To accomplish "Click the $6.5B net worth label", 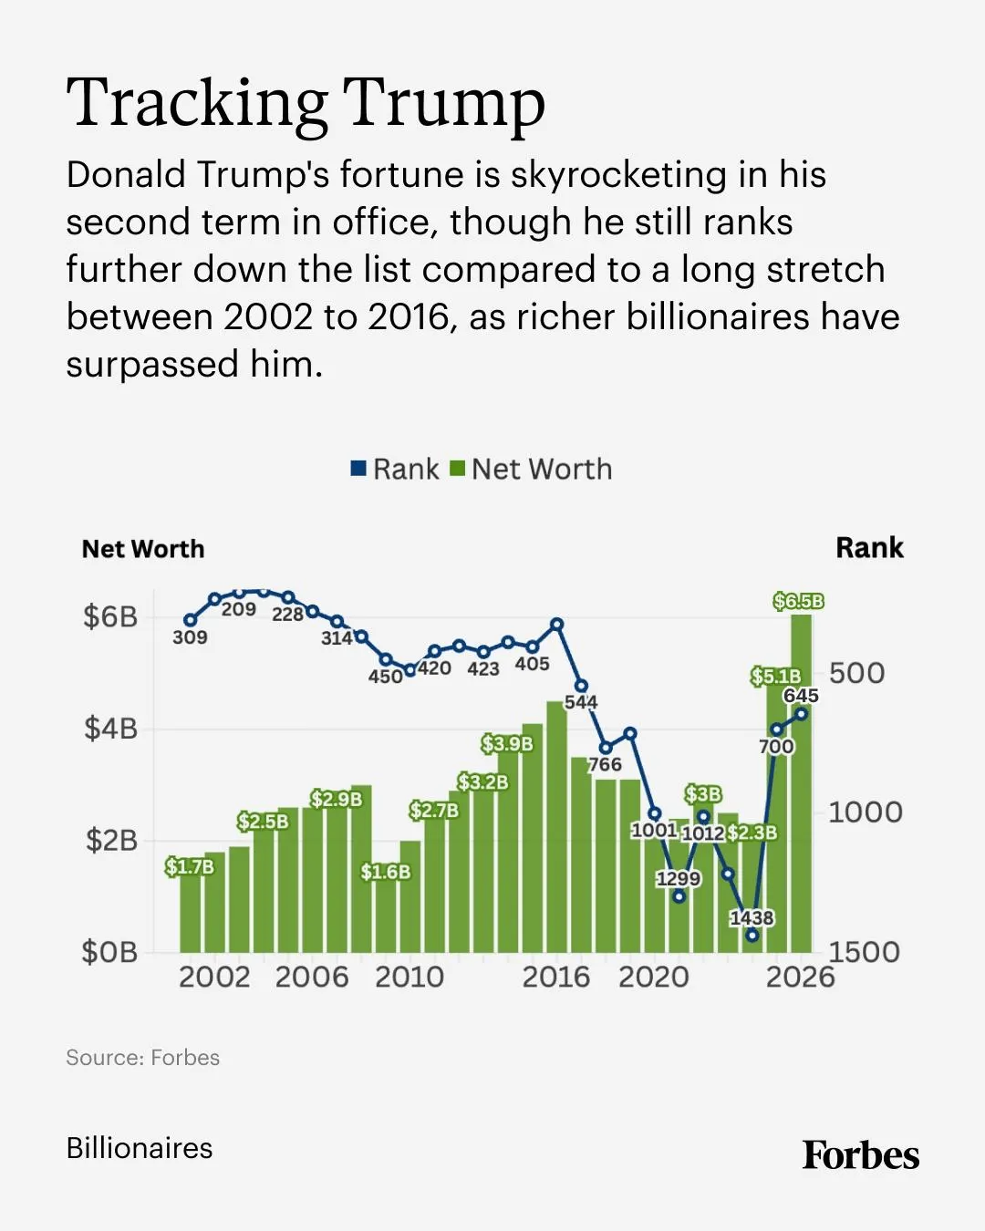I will click(798, 601).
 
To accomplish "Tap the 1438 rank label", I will click(752, 917).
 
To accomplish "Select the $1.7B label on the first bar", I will click(190, 866).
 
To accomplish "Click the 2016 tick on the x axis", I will click(556, 978).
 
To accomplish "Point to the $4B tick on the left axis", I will click(110, 729).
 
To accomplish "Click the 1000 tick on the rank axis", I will click(865, 812).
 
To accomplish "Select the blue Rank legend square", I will click(359, 469).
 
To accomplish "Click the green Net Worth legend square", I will click(458, 469).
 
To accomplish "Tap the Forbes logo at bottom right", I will click(860, 1155).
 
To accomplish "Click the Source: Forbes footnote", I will click(143, 1058).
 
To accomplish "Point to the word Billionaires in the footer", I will click(140, 1148).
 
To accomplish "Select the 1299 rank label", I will click(679, 878).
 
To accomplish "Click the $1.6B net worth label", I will click(386, 872).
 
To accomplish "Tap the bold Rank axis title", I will click(869, 548).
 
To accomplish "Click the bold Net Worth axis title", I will click(143, 549).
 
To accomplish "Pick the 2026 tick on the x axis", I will click(800, 978).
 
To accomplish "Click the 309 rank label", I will click(190, 637).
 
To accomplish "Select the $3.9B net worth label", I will click(507, 744).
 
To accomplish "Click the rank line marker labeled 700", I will click(776, 729).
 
